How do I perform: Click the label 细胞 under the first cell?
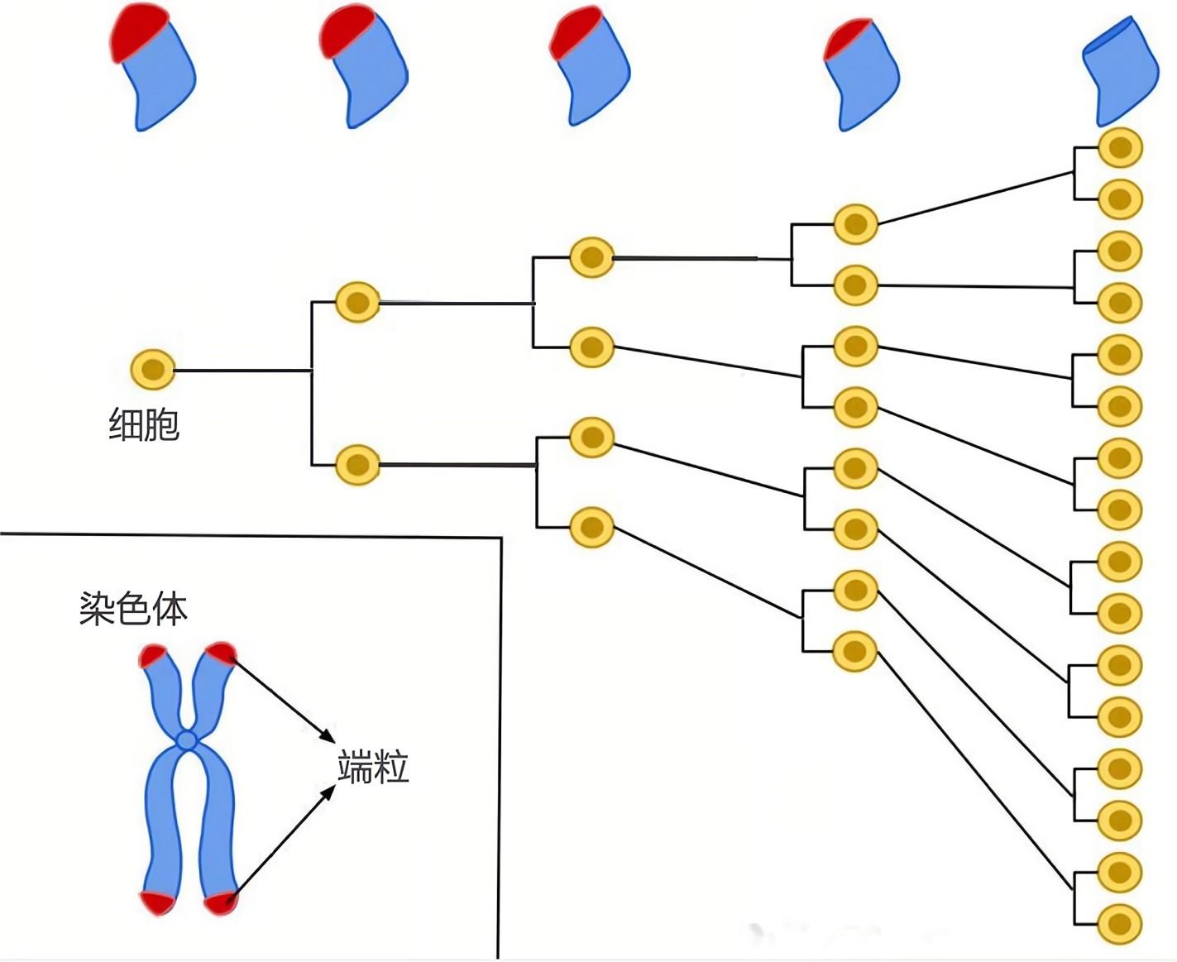pos(144,425)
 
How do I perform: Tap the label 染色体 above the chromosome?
pos(133,608)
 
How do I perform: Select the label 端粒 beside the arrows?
pos(373,767)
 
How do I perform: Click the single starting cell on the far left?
pos(153,370)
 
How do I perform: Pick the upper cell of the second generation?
pos(357,302)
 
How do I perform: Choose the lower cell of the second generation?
pos(357,464)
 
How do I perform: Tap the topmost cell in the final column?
pos(1119,148)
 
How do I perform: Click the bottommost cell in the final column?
pos(1119,924)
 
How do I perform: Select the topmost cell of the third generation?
pos(591,257)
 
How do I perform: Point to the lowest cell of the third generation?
pos(591,527)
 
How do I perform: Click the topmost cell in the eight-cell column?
pos(854,223)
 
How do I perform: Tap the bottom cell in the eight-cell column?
pos(854,652)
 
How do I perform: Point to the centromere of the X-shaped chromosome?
pos(188,739)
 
